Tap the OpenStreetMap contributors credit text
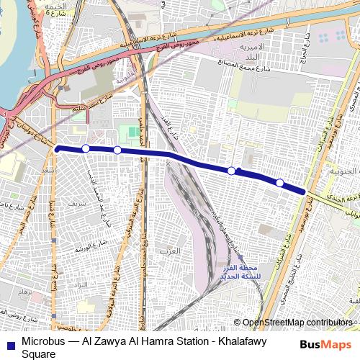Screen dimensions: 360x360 (297, 323)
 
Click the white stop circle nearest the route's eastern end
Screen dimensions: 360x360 (280, 183)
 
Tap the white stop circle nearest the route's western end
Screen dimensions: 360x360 (86, 148)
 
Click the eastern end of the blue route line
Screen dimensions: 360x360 (306, 192)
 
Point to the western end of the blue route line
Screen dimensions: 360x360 (56, 148)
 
